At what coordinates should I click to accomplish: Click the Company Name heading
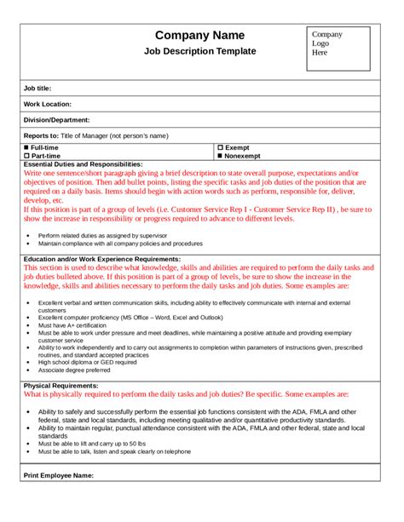[x=199, y=35]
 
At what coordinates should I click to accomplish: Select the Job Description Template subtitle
[x=199, y=51]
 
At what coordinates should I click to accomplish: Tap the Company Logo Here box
[x=338, y=48]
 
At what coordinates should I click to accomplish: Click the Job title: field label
[x=38, y=88]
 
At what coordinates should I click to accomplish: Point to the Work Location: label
[x=49, y=104]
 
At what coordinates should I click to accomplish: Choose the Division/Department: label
[x=56, y=120]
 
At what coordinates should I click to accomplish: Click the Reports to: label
[x=41, y=135]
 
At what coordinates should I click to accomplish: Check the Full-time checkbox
[x=26, y=147]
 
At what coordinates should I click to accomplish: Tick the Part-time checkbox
[x=26, y=156]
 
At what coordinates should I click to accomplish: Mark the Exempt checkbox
[x=220, y=147]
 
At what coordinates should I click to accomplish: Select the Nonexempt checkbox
[x=220, y=156]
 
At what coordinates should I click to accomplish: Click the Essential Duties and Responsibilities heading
[x=83, y=164]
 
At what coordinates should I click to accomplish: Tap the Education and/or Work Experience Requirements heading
[x=102, y=258]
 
